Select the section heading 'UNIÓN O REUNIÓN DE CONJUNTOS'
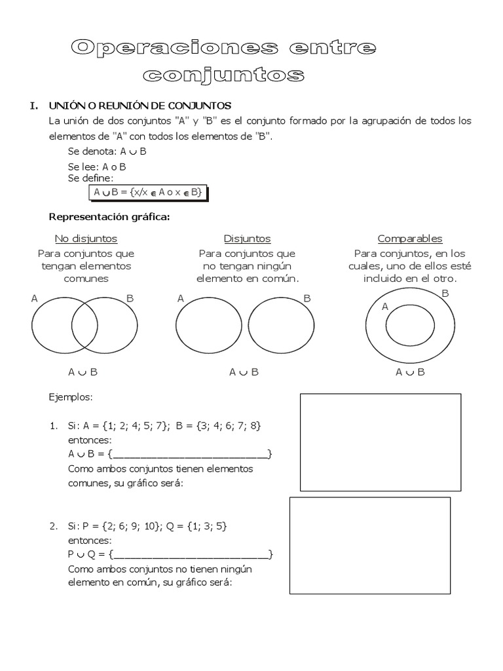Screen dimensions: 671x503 click(x=140, y=105)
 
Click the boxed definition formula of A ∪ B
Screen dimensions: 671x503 click(x=148, y=193)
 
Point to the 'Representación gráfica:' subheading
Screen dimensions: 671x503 click(x=109, y=217)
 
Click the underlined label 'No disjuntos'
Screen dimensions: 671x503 click(x=86, y=239)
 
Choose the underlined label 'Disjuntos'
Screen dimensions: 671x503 click(x=247, y=239)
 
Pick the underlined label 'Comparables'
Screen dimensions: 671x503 click(x=410, y=239)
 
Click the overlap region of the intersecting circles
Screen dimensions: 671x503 click(x=84, y=326)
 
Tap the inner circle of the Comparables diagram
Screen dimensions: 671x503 click(x=410, y=325)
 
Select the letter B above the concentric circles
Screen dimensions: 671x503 click(x=445, y=294)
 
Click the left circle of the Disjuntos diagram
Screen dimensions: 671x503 click(x=209, y=326)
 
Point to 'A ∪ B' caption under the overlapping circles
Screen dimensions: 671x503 click(x=83, y=372)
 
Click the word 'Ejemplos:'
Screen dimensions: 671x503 click(x=71, y=397)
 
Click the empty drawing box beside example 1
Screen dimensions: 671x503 click(x=381, y=442)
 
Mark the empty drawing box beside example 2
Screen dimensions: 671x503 click(x=370, y=545)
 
